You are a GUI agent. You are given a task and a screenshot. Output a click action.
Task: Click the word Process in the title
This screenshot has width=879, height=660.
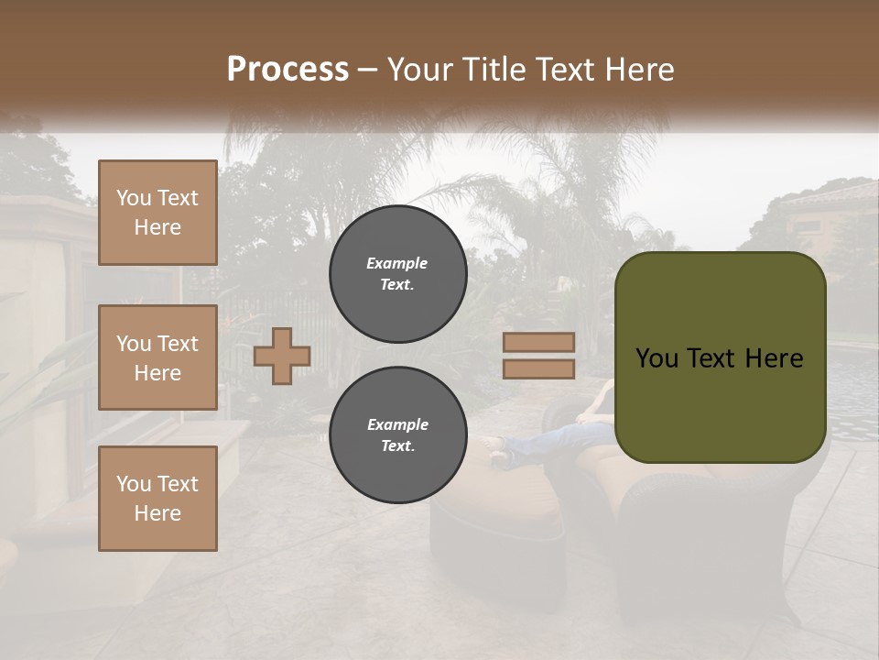tap(288, 69)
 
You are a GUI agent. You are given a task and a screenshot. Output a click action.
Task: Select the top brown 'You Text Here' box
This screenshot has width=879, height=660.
tap(157, 213)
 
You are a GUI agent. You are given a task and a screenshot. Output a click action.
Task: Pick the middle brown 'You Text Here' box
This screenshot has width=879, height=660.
tap(157, 357)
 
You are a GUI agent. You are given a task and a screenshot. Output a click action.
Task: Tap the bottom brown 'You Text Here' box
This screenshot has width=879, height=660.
tap(157, 499)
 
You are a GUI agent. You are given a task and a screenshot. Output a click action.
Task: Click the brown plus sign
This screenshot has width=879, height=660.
tap(282, 356)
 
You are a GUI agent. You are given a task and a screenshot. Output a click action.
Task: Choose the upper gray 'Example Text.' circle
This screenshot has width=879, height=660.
tap(397, 274)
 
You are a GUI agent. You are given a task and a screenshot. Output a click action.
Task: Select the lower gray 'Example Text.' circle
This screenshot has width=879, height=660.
tap(397, 435)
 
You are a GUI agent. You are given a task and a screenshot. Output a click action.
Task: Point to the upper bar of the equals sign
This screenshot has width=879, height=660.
tap(538, 342)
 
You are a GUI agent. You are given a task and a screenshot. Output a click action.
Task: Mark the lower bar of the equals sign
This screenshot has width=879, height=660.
tap(538, 368)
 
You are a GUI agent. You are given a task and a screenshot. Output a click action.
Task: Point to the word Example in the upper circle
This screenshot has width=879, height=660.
tap(397, 263)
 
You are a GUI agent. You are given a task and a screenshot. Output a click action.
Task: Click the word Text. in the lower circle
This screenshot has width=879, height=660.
tap(397, 446)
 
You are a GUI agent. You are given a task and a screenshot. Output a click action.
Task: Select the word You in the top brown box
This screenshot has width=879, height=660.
tap(134, 198)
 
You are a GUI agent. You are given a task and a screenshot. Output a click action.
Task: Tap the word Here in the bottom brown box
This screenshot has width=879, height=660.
tap(157, 513)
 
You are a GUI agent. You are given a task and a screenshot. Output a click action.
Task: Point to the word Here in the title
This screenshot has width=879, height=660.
tap(642, 69)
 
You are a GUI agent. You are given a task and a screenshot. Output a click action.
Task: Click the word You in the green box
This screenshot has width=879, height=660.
tap(657, 357)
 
